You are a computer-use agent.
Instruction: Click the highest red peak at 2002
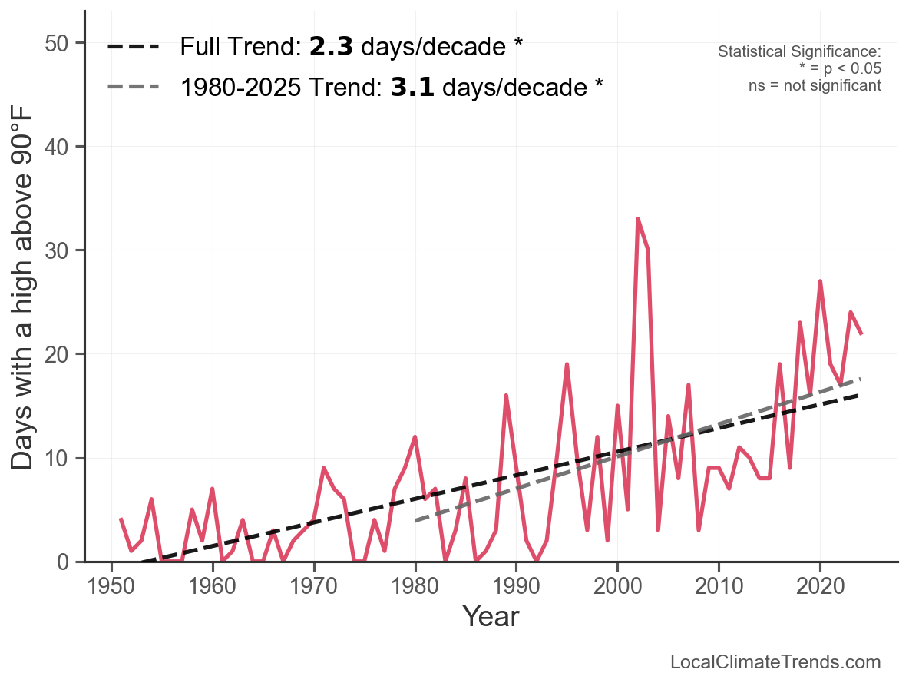(x=638, y=219)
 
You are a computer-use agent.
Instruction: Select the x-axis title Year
(x=491, y=616)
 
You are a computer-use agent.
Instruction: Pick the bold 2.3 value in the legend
(x=331, y=47)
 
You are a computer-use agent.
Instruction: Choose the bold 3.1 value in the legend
(x=412, y=87)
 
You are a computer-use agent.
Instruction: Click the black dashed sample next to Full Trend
(x=133, y=47)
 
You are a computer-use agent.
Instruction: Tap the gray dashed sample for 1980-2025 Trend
(x=133, y=87)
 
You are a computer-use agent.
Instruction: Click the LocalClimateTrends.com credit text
(x=775, y=662)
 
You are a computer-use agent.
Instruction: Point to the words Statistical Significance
(x=799, y=51)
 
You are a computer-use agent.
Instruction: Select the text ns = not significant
(x=815, y=85)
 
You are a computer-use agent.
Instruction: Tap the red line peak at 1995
(x=567, y=364)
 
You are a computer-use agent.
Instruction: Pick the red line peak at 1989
(x=506, y=396)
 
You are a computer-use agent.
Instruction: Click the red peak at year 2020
(x=820, y=281)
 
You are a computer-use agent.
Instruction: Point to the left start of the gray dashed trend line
(x=415, y=521)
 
